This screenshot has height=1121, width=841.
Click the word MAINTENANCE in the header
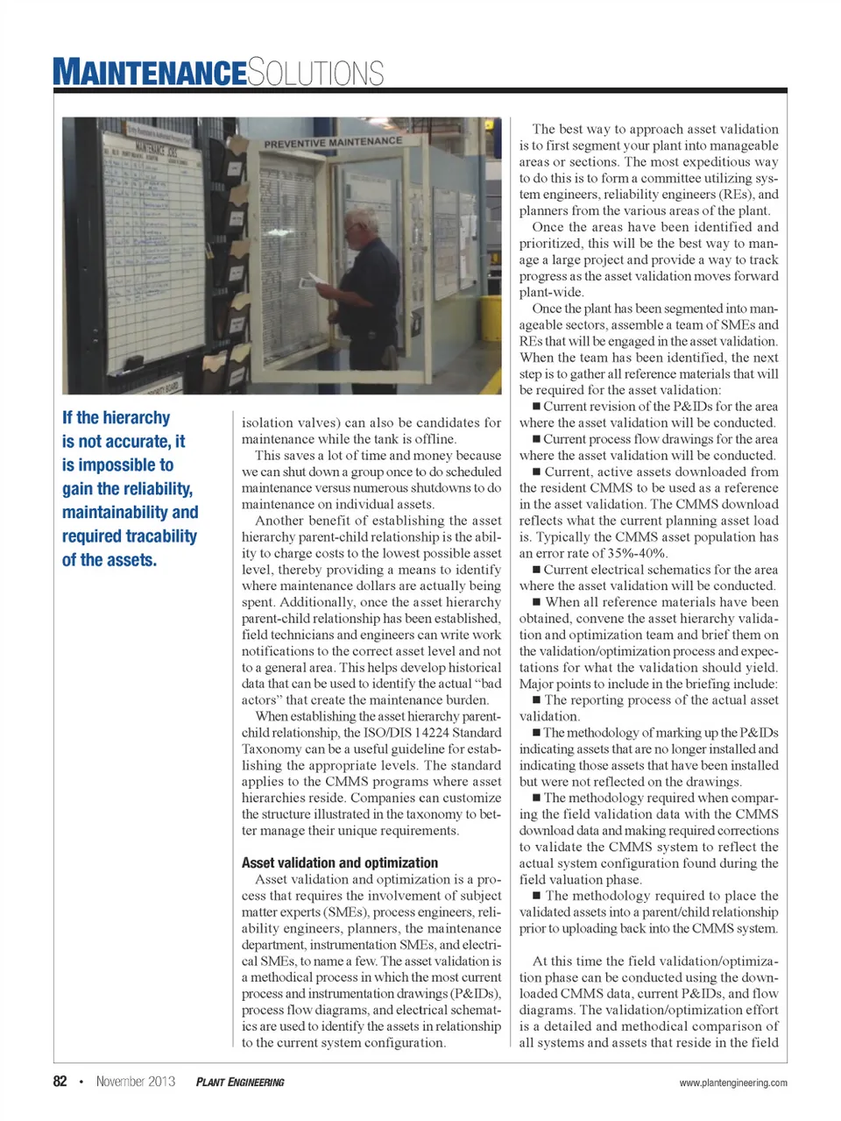coord(149,72)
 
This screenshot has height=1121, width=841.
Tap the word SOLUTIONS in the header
coord(315,72)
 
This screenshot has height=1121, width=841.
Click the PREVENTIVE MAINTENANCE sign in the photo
coord(333,142)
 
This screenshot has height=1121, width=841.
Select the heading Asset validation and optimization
coord(340,862)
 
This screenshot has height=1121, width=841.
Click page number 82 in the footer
coord(60,1082)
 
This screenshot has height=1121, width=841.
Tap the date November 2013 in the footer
coord(136,1082)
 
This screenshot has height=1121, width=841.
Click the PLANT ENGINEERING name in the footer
coord(240,1082)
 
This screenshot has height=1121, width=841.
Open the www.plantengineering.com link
coord(732,1082)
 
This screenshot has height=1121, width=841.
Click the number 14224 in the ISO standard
coord(433,733)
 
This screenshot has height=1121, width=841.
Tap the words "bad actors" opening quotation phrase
coord(491,684)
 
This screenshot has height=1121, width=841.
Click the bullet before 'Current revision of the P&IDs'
coord(536,406)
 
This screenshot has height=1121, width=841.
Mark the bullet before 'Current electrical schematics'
coord(536,570)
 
